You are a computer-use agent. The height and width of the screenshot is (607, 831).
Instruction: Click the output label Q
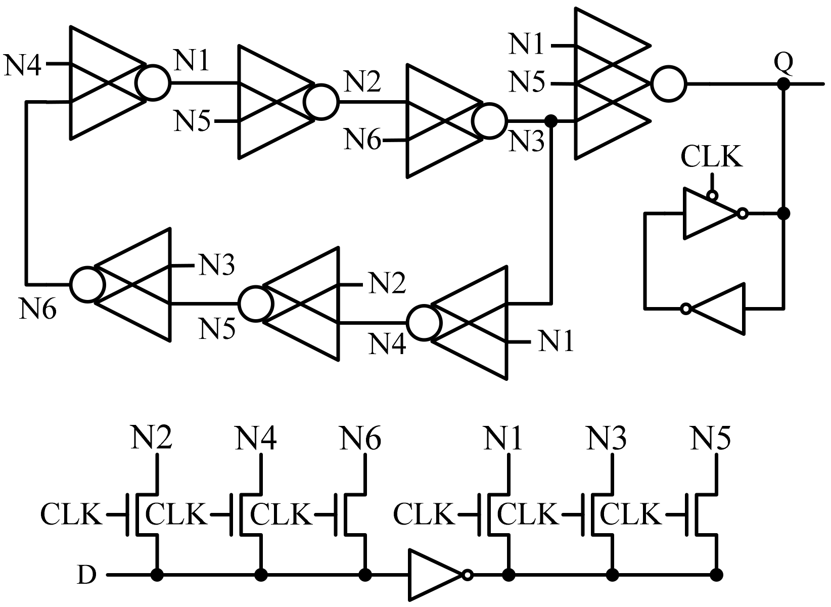pyautogui.click(x=783, y=63)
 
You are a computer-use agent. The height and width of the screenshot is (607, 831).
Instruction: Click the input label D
pyautogui.click(x=86, y=575)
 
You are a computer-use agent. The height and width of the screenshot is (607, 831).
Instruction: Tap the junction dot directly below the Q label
pyautogui.click(x=783, y=84)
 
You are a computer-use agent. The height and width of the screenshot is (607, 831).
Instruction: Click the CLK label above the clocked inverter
pyautogui.click(x=712, y=157)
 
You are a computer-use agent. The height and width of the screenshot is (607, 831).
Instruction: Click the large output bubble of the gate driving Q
pyautogui.click(x=669, y=83)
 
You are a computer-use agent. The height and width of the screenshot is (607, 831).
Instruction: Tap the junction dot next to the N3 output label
pyautogui.click(x=551, y=121)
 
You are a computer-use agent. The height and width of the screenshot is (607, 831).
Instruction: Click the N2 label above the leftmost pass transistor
pyautogui.click(x=152, y=438)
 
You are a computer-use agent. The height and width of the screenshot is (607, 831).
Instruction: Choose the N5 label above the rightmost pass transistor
pyautogui.click(x=711, y=438)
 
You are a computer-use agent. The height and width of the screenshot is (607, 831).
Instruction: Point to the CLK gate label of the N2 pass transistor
pyautogui.click(x=71, y=515)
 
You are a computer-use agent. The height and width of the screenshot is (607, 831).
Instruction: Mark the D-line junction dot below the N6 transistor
pyautogui.click(x=365, y=575)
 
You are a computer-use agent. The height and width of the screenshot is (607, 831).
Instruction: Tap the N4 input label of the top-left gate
pyautogui.click(x=23, y=65)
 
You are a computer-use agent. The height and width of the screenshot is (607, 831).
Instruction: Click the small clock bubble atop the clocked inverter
pyautogui.click(x=712, y=195)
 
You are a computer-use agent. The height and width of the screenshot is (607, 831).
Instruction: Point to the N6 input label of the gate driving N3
pyautogui.click(x=363, y=139)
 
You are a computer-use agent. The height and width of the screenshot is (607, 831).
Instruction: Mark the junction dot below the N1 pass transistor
pyautogui.click(x=509, y=575)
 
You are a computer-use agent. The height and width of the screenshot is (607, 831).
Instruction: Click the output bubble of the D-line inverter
pyautogui.click(x=468, y=575)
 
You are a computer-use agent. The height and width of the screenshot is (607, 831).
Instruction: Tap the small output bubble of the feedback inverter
pyautogui.click(x=685, y=309)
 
